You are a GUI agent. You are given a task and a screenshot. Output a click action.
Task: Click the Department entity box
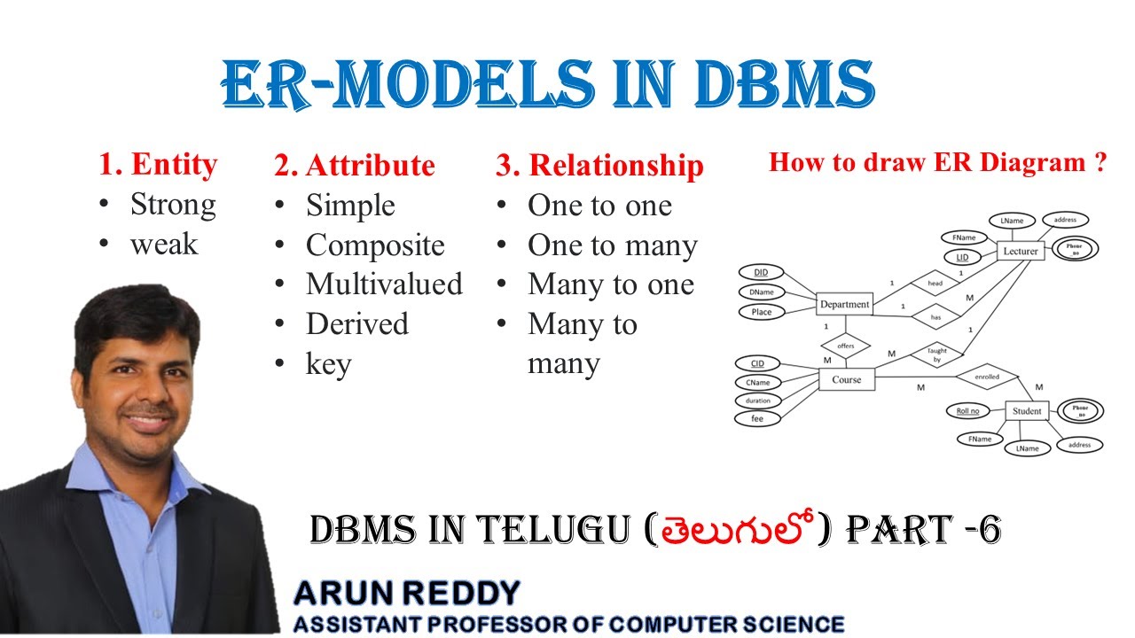point(844,304)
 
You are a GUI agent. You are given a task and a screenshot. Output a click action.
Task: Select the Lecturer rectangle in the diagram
point(1020,251)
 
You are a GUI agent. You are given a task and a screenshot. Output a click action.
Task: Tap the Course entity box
point(846,380)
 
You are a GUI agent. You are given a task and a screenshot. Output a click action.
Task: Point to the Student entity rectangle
point(1027,411)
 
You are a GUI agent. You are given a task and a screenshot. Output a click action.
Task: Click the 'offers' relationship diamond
point(845,346)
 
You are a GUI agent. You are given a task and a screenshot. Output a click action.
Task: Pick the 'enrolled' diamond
point(986,377)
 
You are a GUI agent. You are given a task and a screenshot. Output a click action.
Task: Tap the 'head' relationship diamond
point(935,284)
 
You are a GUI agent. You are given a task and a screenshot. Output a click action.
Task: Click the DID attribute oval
point(761,272)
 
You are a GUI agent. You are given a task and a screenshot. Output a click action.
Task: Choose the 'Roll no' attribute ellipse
point(967,411)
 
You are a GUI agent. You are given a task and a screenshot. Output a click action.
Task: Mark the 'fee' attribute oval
point(757,418)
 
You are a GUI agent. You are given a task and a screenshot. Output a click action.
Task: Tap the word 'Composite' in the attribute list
point(375,245)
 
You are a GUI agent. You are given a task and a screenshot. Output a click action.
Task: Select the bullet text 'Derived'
point(356,323)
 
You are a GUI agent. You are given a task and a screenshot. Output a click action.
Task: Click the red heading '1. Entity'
point(158,165)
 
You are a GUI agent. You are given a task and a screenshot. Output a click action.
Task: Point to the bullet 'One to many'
point(612,245)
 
